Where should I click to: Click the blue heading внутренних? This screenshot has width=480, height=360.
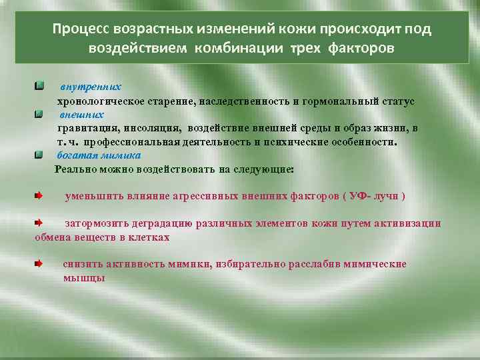(x=91, y=87)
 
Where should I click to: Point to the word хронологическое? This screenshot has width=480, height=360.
(x=94, y=101)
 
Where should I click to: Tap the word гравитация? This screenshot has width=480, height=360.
(x=85, y=129)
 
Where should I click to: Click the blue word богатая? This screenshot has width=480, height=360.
(x=75, y=155)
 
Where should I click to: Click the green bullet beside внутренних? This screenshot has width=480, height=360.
(x=41, y=87)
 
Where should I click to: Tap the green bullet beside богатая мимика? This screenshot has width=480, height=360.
(x=41, y=155)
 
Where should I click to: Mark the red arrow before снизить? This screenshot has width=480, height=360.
(x=40, y=264)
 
